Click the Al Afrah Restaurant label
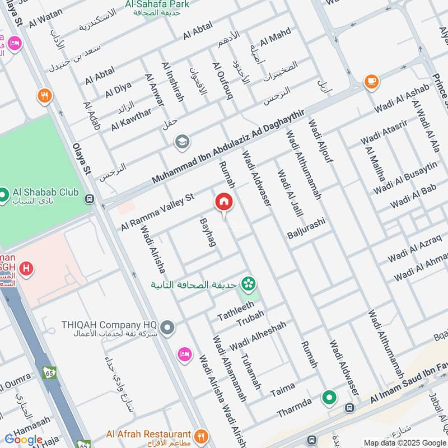click(148, 434)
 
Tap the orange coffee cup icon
click(371, 82)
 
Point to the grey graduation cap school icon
click(182, 142)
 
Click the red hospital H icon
click(25, 269)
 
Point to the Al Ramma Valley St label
click(157, 212)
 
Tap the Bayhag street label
click(208, 233)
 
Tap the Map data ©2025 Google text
click(404, 442)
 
